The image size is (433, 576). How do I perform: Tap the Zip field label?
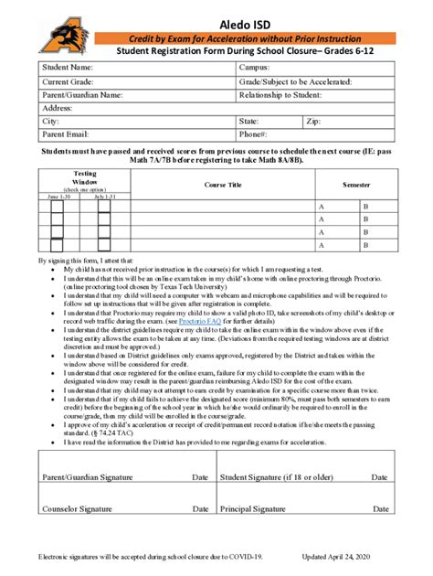point(314,121)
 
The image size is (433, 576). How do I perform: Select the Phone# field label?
point(254,133)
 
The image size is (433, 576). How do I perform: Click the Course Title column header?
point(223,184)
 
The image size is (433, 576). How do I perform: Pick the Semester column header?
point(356,184)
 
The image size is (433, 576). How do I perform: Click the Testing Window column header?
point(84,178)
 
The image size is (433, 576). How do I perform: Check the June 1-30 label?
point(58,196)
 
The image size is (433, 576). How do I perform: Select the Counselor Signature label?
point(79,509)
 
